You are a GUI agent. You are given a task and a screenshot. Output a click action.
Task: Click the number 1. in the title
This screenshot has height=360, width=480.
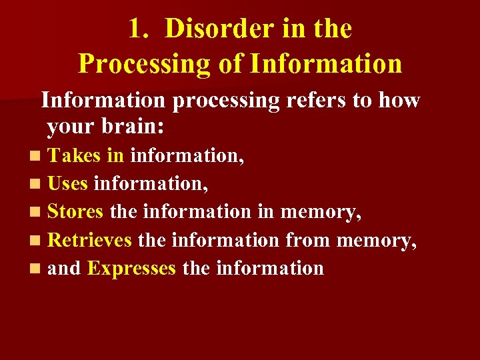click(139, 29)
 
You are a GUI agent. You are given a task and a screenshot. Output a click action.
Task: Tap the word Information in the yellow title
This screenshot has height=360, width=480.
click(326, 64)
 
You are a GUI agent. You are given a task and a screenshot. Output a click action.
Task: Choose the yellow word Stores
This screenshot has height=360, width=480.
click(75, 212)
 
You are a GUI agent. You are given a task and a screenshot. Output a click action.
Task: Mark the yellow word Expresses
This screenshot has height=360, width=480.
click(131, 269)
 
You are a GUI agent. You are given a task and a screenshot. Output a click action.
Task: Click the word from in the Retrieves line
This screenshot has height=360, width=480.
click(308, 240)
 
